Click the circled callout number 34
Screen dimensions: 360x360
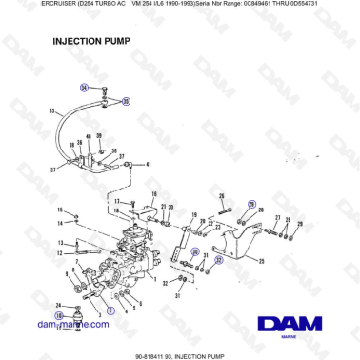(84, 87)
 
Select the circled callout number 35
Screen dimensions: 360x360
(125, 100)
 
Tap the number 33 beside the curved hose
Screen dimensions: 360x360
(53, 111)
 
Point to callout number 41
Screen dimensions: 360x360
(149, 164)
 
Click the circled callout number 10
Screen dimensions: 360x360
(59, 314)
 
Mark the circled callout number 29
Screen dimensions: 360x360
(252, 205)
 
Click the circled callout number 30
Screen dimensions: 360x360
(195, 252)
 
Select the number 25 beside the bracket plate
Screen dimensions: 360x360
(262, 258)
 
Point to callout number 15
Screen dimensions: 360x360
(60, 210)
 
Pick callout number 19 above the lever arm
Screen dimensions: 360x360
(194, 215)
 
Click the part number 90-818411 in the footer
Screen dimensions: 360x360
(156, 354)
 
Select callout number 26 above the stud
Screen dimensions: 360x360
(222, 197)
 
